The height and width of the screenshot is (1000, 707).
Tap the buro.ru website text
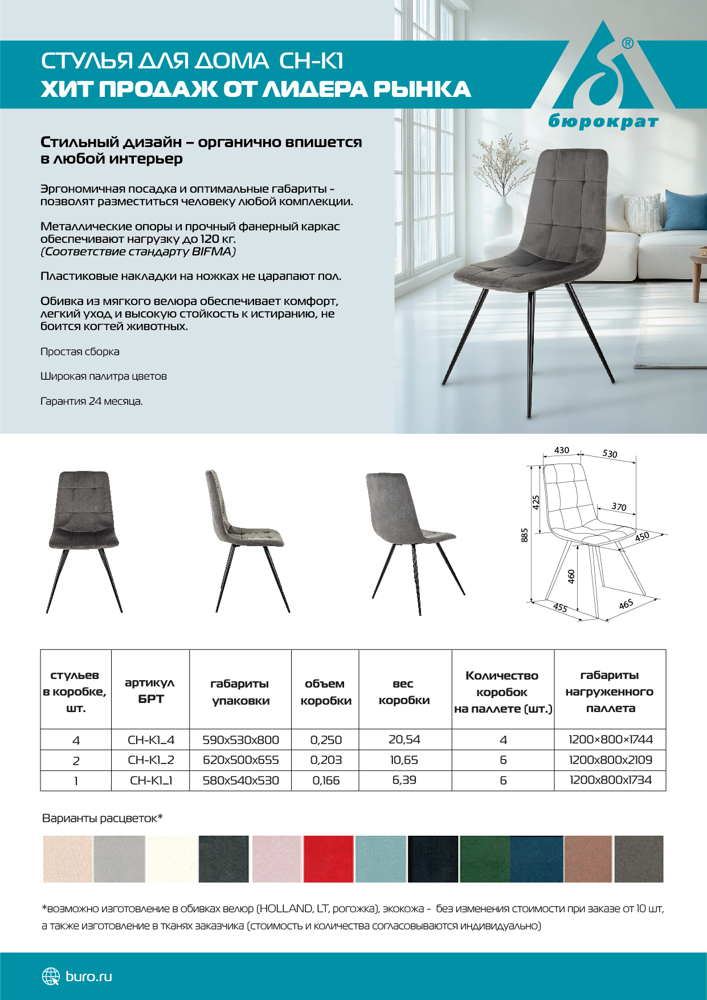coord(89,976)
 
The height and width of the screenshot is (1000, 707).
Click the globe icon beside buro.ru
coord(51,976)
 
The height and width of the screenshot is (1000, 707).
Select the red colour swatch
coord(328,859)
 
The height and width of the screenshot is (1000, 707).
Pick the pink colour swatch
coord(276,859)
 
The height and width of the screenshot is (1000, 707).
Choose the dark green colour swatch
coord(485,859)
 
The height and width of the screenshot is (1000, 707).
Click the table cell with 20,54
coord(404,739)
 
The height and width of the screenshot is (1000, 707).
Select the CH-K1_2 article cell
coord(151,760)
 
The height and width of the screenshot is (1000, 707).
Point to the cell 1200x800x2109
coord(610,760)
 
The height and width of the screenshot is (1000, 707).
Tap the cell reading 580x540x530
coord(240,781)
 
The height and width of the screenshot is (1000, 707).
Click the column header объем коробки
coord(325,692)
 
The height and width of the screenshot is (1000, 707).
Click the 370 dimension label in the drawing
coord(619,506)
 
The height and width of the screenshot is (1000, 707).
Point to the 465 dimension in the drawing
coord(626,604)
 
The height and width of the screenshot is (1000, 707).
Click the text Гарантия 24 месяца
coord(91,401)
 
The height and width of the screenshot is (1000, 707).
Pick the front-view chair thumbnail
coord(84,541)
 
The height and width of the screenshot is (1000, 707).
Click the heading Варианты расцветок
coord(103,818)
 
